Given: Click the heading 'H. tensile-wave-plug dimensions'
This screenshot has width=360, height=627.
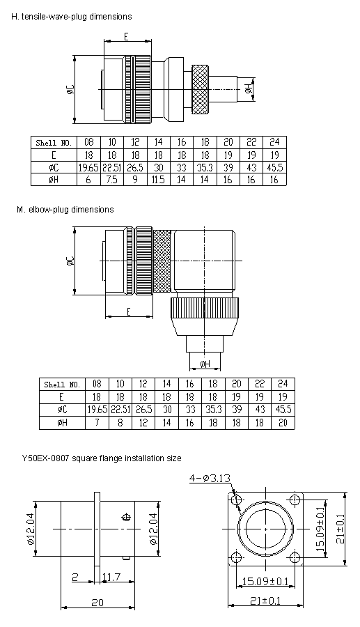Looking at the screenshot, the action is tap(71, 17).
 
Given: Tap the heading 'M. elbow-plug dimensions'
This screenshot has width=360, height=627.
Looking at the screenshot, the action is tap(65, 210).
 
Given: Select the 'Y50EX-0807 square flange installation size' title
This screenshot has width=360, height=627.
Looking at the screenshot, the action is tap(102, 458).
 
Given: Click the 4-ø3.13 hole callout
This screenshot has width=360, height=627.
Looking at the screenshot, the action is tap(210, 477).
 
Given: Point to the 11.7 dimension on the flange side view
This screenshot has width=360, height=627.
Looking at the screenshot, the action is tap(111, 577).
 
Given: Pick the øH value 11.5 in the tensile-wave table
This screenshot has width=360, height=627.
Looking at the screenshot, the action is tap(158, 180).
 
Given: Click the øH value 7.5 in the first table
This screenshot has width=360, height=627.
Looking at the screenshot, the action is tap(112, 180).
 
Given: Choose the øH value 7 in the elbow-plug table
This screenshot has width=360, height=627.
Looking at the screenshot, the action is tap(97, 423).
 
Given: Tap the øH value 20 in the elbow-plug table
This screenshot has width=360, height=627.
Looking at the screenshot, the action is tap(283, 423).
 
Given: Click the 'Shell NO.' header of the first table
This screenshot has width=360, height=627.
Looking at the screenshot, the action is tap(54, 143).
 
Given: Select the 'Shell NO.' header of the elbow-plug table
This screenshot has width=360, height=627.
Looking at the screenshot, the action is tap(62, 385).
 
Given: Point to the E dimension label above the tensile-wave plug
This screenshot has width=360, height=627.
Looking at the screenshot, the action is tap(126, 36).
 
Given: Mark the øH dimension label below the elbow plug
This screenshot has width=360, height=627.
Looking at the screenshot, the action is tap(205, 364).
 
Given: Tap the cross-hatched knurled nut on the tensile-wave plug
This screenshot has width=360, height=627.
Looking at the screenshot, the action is tap(199, 88).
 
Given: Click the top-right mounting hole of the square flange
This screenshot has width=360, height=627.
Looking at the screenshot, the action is tap(295, 500).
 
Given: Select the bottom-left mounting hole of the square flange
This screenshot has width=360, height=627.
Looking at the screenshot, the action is tap(237, 558).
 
